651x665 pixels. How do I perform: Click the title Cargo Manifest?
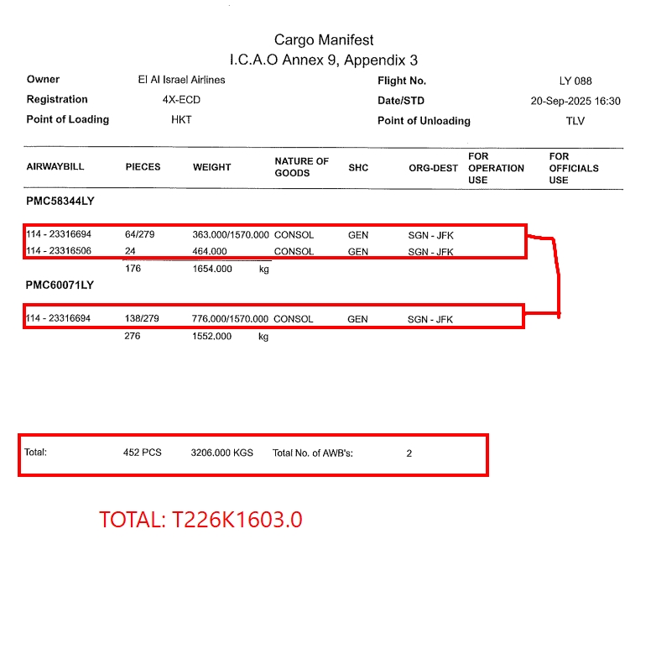click(324, 40)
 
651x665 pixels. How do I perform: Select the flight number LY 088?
click(575, 81)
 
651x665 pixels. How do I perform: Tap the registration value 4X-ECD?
click(181, 100)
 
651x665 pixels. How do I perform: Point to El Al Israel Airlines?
click(181, 81)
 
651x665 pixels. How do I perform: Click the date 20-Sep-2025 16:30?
click(575, 102)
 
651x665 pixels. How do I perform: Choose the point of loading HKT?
click(181, 120)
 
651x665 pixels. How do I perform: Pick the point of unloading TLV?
click(575, 121)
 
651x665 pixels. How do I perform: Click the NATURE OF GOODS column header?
click(301, 167)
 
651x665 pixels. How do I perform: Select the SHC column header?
click(358, 167)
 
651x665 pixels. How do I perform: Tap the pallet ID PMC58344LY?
click(60, 202)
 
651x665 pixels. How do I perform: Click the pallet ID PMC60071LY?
click(60, 285)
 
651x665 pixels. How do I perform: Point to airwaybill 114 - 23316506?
click(59, 252)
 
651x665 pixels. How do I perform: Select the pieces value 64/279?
click(140, 235)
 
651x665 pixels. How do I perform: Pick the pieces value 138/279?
click(142, 319)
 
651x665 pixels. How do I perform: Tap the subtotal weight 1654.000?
click(212, 270)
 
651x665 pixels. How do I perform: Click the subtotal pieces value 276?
click(132, 336)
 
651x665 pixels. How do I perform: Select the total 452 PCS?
click(142, 453)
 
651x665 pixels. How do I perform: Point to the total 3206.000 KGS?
click(221, 453)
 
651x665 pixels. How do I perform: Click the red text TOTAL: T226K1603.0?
click(201, 520)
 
